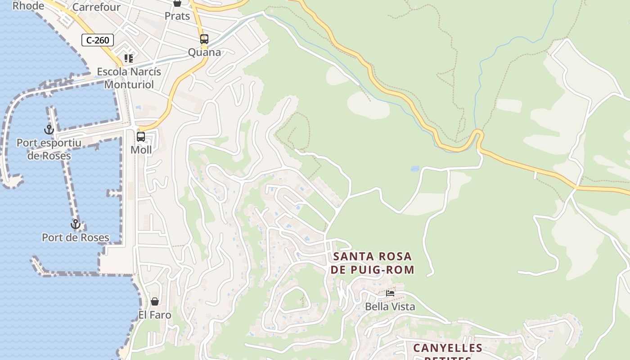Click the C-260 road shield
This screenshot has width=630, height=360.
tap(98, 40)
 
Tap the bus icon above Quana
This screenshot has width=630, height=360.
tap(204, 39)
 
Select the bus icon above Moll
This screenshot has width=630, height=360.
tap(141, 136)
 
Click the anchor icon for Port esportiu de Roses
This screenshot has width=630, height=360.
tap(49, 130)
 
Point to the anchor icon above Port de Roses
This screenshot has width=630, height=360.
tap(76, 224)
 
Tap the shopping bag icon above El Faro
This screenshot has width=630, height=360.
tap(155, 301)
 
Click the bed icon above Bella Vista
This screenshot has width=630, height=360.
tap(390, 293)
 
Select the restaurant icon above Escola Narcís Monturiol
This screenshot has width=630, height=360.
tap(129, 58)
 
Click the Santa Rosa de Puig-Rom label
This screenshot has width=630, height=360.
tap(372, 263)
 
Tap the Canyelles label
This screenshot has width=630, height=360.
tap(448, 348)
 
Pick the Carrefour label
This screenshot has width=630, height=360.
tap(96, 7)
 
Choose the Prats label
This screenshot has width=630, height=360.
tap(177, 16)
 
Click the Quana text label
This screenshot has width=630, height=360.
tap(204, 53)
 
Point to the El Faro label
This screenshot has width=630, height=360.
tap(155, 315)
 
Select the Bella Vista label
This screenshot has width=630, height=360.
tap(390, 307)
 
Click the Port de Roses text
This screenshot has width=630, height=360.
tap(76, 238)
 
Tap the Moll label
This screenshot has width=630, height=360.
tap(141, 150)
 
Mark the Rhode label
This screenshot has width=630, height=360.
tap(28, 6)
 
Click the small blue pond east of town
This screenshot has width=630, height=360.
tap(415, 169)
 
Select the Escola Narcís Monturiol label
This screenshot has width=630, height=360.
tap(129, 78)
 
